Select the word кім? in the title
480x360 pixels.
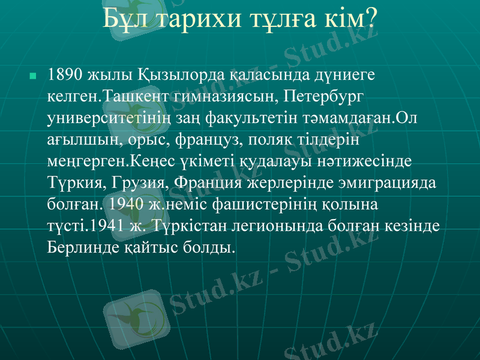(x=354, y=19)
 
